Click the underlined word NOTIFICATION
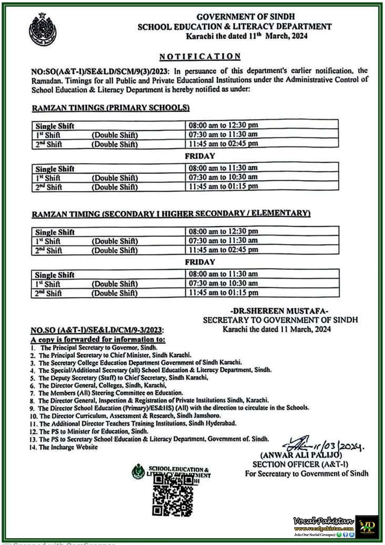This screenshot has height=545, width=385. tap(200, 56)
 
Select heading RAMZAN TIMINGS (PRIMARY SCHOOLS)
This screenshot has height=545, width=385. tap(111, 108)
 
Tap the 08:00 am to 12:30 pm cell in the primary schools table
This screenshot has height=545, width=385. tap(223, 125)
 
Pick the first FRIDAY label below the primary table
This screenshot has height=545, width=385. tap(200, 156)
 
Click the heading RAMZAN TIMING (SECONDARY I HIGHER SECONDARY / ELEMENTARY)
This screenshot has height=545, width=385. tap(171, 214)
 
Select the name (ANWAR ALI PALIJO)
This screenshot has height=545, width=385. tap(301, 455)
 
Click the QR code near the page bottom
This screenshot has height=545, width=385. tap(172, 494)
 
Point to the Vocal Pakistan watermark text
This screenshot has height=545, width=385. tap(323, 520)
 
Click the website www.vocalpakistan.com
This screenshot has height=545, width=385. tap(324, 528)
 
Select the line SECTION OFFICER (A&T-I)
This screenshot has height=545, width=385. tap(300, 464)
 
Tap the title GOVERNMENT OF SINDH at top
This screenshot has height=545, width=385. tap(245, 16)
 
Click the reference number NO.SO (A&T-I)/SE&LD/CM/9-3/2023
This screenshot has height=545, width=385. tap(97, 330)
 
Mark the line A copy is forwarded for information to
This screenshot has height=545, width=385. tap(98, 339)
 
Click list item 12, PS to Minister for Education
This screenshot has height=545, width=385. tap(89, 431)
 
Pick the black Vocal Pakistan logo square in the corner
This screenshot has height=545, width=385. tap(367, 526)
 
